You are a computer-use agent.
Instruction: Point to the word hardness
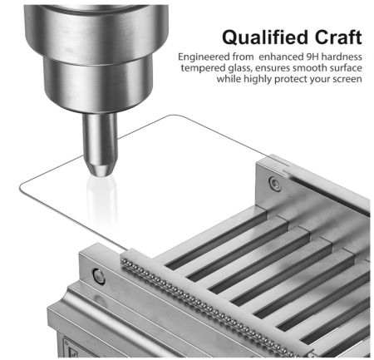pyautogui.click(x=342, y=57)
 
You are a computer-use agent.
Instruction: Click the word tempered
pyautogui.click(x=204, y=68)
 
